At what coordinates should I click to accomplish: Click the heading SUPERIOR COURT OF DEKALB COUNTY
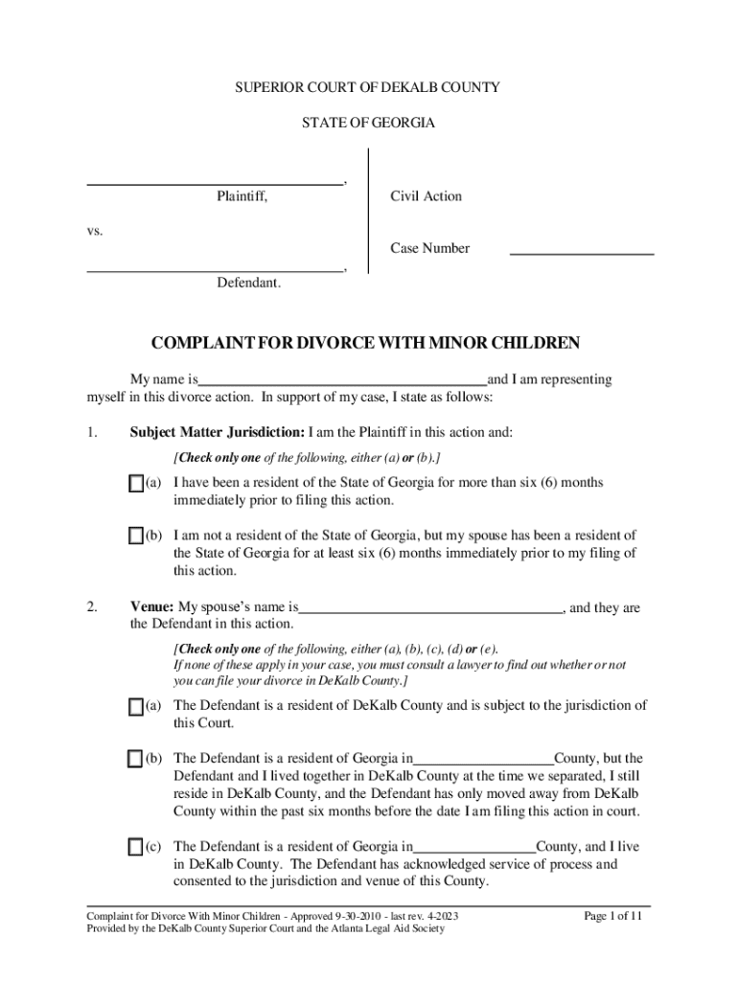(368, 88)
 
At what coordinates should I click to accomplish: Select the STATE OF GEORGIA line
(368, 124)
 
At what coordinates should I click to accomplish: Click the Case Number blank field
(581, 251)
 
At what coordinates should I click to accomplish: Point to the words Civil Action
(426, 196)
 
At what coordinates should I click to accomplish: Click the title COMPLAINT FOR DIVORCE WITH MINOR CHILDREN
(368, 344)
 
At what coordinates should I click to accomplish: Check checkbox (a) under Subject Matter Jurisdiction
(135, 484)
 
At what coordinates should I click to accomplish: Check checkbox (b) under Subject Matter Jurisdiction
(135, 536)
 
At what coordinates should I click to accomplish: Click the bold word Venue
(151, 608)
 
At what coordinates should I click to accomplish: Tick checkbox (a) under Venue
(135, 707)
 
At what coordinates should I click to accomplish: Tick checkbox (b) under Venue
(135, 760)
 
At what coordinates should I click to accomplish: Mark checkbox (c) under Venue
(135, 848)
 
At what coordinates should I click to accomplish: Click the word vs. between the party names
(95, 231)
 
